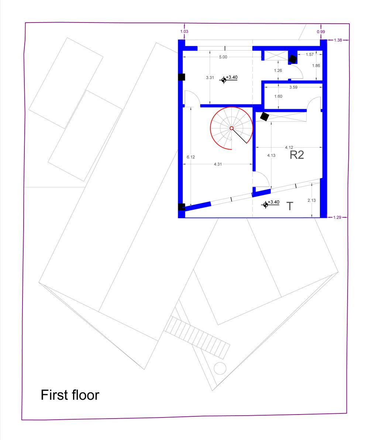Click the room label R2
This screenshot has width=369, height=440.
(297, 155)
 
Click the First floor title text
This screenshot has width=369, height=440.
(70, 395)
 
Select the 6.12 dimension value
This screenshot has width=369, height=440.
(191, 157)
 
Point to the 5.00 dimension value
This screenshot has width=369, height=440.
(223, 57)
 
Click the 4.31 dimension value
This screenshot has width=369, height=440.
(218, 164)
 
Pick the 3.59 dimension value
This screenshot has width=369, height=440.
(293, 87)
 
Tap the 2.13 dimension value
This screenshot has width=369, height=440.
(311, 200)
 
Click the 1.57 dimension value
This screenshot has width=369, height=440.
(310, 54)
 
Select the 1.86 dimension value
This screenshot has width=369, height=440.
(316, 66)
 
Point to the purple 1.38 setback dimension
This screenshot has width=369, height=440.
(338, 40)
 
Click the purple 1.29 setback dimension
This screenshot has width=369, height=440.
(337, 217)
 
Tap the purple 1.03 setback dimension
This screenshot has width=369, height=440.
(184, 31)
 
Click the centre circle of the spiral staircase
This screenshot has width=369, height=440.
(231, 128)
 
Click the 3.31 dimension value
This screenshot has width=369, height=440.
(210, 78)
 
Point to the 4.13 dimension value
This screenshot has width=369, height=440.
(271, 155)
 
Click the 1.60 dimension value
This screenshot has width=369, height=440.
(278, 96)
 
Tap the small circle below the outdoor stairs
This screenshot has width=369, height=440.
(220, 368)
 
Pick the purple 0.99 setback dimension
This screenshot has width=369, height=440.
(321, 32)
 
